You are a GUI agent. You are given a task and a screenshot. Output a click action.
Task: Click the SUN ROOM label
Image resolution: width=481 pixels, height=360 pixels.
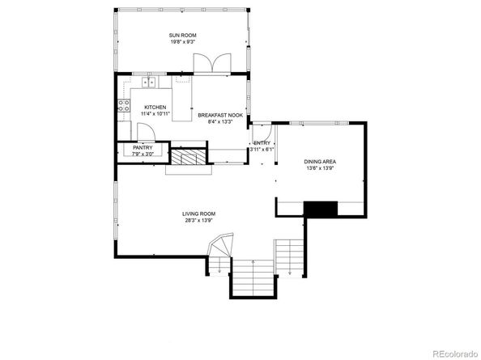[x=182, y=34]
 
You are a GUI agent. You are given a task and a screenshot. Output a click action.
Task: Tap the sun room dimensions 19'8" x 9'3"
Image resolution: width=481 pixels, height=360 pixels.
[x=182, y=41]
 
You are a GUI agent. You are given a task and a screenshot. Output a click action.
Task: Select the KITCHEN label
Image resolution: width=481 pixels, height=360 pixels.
[x=155, y=108]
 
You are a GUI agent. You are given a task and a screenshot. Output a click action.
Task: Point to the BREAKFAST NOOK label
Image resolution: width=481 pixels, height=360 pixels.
[x=220, y=116]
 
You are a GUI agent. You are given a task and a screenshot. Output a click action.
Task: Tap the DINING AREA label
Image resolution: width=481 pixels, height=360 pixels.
[x=320, y=162]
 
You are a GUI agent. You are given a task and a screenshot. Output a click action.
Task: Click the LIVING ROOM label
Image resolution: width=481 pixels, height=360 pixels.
[x=199, y=214]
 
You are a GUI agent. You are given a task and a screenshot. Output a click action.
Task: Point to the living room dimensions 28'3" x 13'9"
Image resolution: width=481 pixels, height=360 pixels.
[x=199, y=221]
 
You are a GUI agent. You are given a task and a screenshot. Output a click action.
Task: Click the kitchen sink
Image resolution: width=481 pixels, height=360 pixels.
[x=150, y=82]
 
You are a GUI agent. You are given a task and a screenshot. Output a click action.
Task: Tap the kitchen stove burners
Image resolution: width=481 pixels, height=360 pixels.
[x=124, y=104]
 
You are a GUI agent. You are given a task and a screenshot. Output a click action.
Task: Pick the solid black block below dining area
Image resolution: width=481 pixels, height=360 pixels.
[x=320, y=209]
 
